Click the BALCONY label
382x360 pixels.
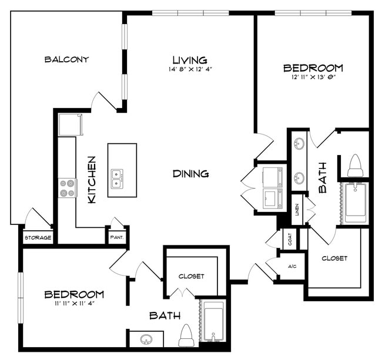click(66, 59)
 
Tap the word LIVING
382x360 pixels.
click(189, 60)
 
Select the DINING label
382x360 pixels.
click(191, 174)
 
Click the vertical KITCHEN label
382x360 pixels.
click(92, 179)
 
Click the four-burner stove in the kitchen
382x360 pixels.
click(67, 188)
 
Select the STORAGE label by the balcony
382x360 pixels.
click(38, 238)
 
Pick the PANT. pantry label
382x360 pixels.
click(116, 238)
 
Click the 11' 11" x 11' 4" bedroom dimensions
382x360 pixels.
click(75, 304)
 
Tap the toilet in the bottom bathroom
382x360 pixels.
click(186, 336)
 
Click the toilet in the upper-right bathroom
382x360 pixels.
click(355, 166)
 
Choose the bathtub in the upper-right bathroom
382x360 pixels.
click(355, 203)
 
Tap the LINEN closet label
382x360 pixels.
click(297, 210)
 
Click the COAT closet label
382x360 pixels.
click(289, 239)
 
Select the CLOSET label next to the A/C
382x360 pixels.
click(334, 258)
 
